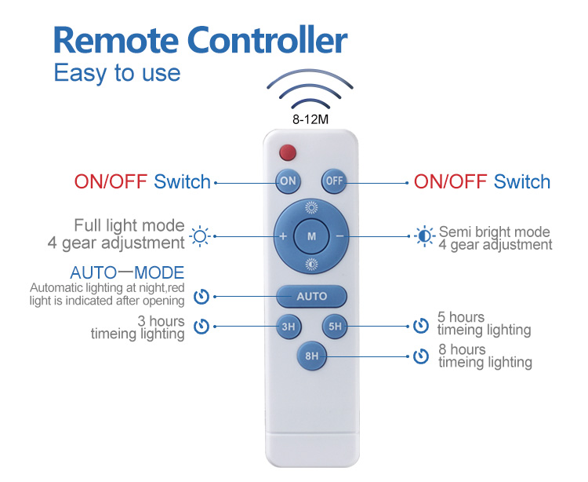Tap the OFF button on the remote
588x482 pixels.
coord(335,181)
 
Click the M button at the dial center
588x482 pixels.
coord(311,236)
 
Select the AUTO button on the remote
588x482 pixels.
coord(311,296)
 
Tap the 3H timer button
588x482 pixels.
coord(288,326)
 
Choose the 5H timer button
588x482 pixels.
coord(335,326)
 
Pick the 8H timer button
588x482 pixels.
coord(311,356)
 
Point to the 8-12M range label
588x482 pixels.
coord(311,119)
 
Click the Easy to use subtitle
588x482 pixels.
coord(117,73)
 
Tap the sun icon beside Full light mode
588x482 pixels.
coord(201,236)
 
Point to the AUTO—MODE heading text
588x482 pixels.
coord(127,273)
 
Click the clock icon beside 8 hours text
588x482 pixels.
coord(422,356)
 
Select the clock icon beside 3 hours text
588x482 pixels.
coord(201,326)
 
